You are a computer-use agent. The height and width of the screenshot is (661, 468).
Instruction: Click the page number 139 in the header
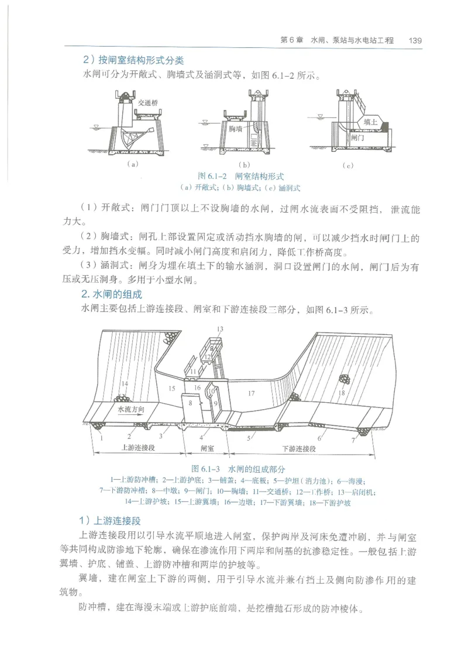pos(415,40)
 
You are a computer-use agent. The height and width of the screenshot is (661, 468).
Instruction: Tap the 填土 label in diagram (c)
pos(370,123)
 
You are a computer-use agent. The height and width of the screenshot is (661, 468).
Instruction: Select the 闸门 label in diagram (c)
pos(358,139)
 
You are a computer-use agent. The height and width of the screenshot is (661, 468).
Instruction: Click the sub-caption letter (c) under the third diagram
pos(348,165)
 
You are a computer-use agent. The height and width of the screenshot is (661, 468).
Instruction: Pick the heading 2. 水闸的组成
pos(111,295)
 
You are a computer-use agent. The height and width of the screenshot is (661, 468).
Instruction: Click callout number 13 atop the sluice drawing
pos(219,330)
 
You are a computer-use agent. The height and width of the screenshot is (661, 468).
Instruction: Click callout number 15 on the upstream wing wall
pos(171,388)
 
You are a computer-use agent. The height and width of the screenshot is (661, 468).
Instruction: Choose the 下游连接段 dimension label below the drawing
pos(298,448)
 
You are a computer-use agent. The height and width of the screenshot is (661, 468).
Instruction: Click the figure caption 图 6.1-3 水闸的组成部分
pos(239,469)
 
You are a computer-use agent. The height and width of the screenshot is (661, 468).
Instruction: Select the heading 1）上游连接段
pos(108,520)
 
